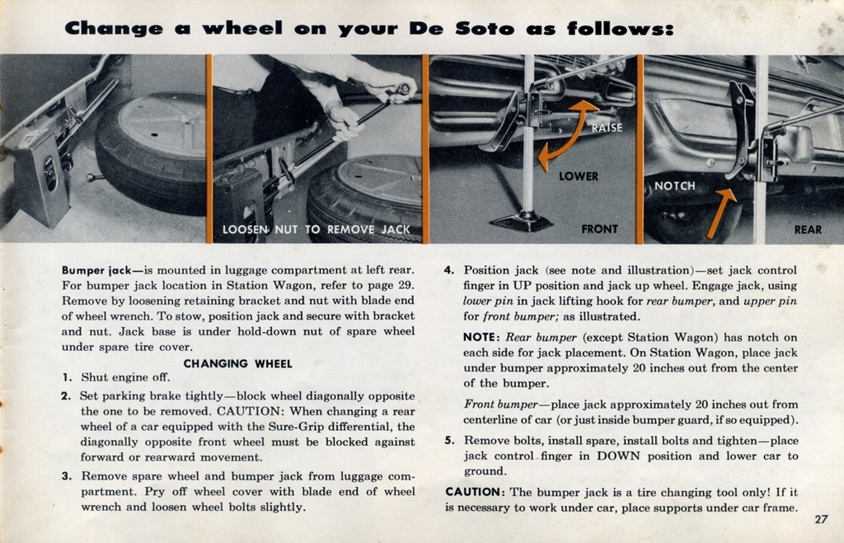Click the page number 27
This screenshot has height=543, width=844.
(x=820, y=519)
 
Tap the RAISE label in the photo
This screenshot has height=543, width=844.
(x=607, y=128)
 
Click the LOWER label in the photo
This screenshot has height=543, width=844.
(x=579, y=176)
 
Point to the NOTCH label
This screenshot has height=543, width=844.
(x=674, y=186)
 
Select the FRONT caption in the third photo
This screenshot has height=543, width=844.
(x=599, y=229)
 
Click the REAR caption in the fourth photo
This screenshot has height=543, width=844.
(x=808, y=230)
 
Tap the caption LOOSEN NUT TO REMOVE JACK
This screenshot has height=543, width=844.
(x=316, y=229)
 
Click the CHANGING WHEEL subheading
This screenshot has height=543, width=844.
(x=237, y=363)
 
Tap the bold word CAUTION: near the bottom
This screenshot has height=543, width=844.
(x=476, y=492)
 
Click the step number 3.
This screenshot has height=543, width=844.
(x=66, y=475)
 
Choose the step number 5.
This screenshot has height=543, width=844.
(x=449, y=440)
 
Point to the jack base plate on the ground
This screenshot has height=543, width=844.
(x=520, y=222)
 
